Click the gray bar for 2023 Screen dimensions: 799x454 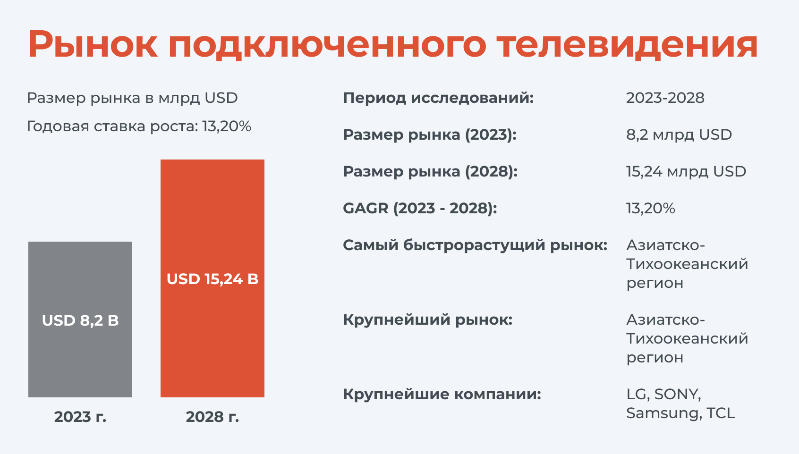tap(80, 319)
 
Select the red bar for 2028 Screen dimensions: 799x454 tap(212, 278)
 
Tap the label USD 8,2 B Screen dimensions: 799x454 tap(80, 320)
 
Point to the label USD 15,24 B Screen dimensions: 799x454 tap(212, 279)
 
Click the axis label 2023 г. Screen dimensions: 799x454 tap(80, 417)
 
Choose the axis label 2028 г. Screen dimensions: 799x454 tap(212, 417)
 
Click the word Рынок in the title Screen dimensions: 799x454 tap(93, 44)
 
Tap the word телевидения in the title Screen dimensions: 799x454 tap(627, 44)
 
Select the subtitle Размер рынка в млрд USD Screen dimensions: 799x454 tap(132, 98)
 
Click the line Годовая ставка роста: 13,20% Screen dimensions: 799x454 tap(139, 126)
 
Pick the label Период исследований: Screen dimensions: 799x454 tap(438, 98)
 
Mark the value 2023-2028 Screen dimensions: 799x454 tap(665, 98)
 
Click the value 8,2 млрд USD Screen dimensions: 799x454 tap(679, 135)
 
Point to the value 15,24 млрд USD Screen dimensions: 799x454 tap(686, 171)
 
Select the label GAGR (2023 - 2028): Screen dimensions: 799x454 tap(420, 208)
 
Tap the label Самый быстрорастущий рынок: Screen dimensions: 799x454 tap(475, 245)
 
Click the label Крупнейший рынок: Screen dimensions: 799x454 tap(428, 319)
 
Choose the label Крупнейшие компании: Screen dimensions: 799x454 tap(442, 394)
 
